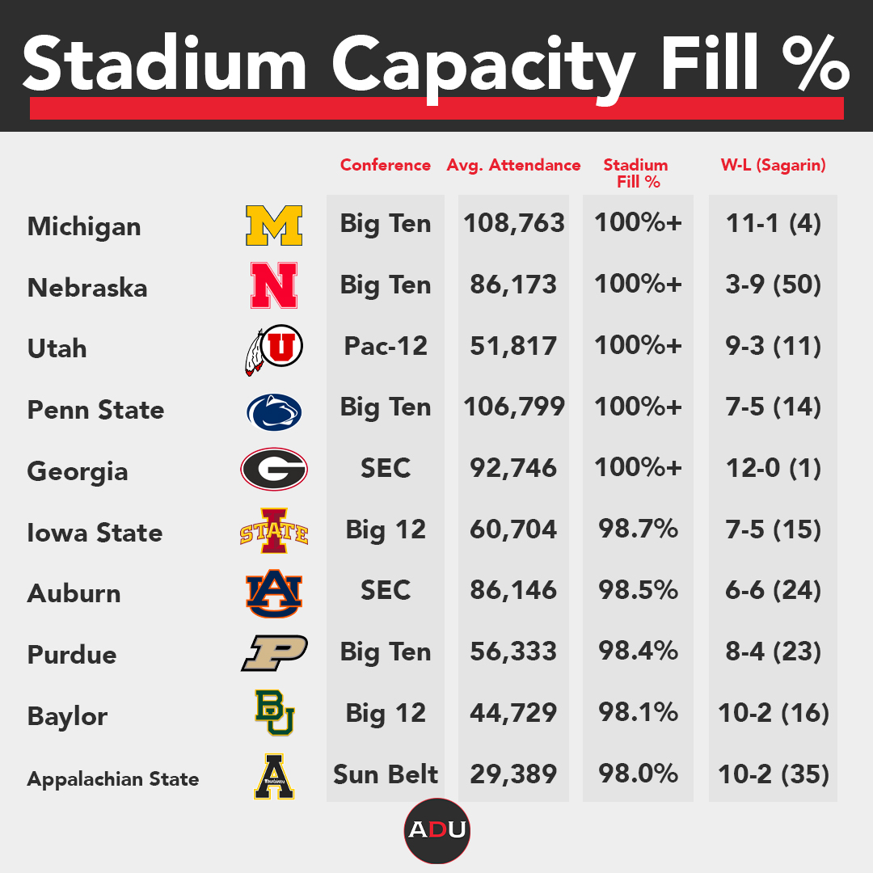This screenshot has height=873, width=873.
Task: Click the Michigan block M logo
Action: pos(273,226)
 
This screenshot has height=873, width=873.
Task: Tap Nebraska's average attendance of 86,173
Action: pos(513,285)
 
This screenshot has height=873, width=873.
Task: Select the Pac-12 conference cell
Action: pos(386,346)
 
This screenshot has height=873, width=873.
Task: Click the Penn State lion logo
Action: pos(273,411)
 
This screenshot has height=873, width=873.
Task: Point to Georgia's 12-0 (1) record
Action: pos(773,468)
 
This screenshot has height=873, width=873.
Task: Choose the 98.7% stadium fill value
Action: pos(638,529)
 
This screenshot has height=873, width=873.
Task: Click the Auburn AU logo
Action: pos(273,593)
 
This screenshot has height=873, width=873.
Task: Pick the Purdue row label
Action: pos(72,655)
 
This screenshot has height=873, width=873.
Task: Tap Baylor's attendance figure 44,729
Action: pos(513,712)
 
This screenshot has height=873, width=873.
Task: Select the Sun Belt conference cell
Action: pos(386,774)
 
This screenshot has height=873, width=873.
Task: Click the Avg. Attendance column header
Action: pos(513,165)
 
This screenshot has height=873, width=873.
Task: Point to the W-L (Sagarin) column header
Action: pos(773,165)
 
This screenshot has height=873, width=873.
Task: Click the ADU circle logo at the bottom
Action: pos(436,830)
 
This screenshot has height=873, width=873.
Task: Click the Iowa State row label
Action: pos(95,533)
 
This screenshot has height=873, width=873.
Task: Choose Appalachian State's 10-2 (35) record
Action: pos(773,774)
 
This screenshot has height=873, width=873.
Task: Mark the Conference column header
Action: pos(386,165)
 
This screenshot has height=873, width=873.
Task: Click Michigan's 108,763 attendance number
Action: pos(513,223)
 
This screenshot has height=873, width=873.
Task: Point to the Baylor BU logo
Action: pos(274,712)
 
